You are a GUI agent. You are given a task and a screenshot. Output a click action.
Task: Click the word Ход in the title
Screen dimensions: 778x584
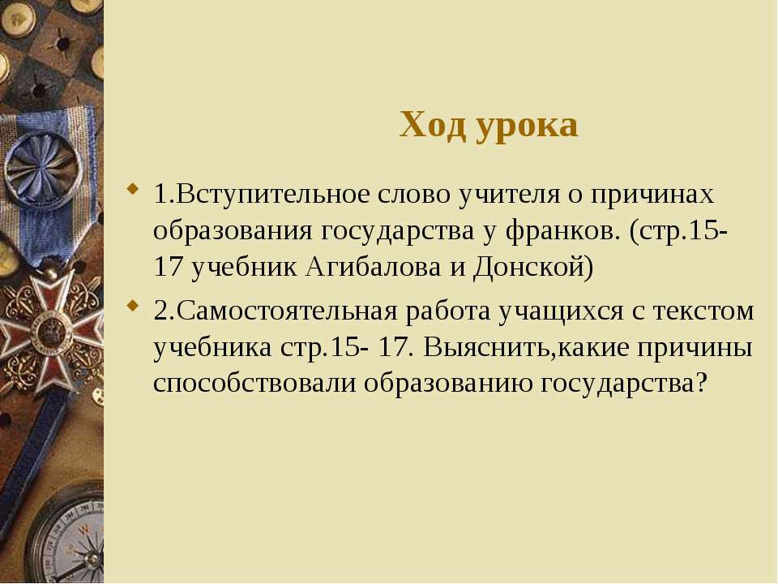tap(433, 125)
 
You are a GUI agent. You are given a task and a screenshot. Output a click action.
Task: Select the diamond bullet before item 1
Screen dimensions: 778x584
tap(132, 189)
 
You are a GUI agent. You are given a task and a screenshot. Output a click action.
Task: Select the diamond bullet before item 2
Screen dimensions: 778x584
tap(132, 306)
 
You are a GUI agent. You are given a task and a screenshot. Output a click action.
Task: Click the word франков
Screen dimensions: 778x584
tap(563, 232)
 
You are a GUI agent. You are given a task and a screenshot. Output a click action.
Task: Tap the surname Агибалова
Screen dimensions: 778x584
tap(373, 268)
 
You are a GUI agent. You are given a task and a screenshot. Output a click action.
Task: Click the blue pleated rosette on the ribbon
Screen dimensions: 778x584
tap(44, 169)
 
